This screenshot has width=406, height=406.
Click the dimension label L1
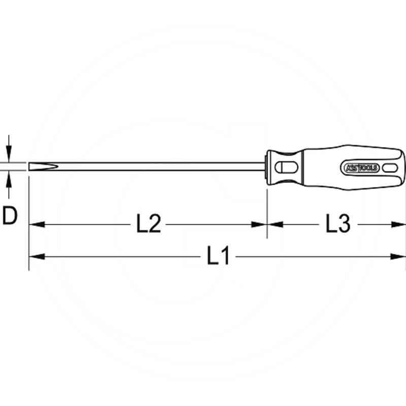click(218, 256)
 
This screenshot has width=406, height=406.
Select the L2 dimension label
click(149, 224)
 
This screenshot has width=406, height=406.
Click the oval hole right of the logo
click(391, 167)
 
